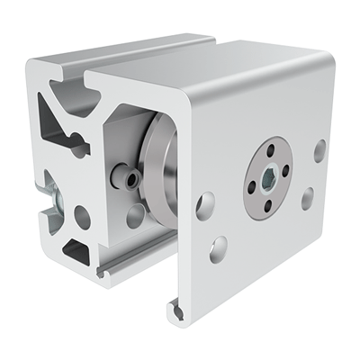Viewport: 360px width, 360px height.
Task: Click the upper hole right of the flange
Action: (x=319, y=150)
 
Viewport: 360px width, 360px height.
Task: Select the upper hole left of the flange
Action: (x=206, y=204)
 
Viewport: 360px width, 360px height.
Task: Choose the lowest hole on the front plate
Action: (x=219, y=249)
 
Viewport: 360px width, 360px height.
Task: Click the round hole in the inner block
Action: (x=135, y=215)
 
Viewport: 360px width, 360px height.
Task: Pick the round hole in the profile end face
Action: (x=83, y=217)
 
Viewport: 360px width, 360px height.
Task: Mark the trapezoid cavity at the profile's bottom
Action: (x=79, y=251)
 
